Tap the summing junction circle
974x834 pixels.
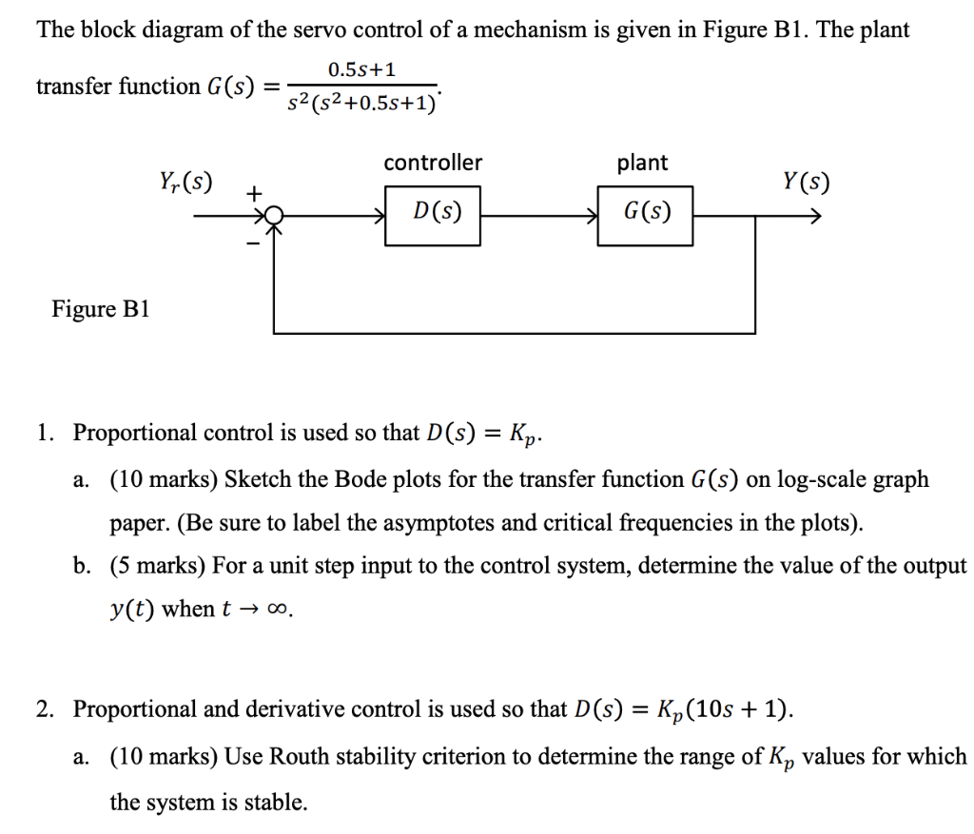[274, 216]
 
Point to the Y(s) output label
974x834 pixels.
[806, 182]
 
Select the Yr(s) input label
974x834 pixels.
[185, 182]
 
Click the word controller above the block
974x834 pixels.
[433, 163]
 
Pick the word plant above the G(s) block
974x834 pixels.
[642, 164]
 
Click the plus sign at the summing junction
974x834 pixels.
[253, 194]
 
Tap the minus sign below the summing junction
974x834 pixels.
[253, 244]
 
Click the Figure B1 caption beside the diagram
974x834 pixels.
[101, 309]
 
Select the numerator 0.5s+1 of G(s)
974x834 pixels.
[361, 69]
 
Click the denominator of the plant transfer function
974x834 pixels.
[361, 103]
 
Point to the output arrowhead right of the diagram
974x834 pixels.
[815, 216]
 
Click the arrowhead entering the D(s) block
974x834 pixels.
[379, 216]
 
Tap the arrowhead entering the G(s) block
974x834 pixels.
[592, 216]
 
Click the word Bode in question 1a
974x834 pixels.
[356, 479]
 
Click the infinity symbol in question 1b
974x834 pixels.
[277, 610]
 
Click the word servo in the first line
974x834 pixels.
[320, 29]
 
